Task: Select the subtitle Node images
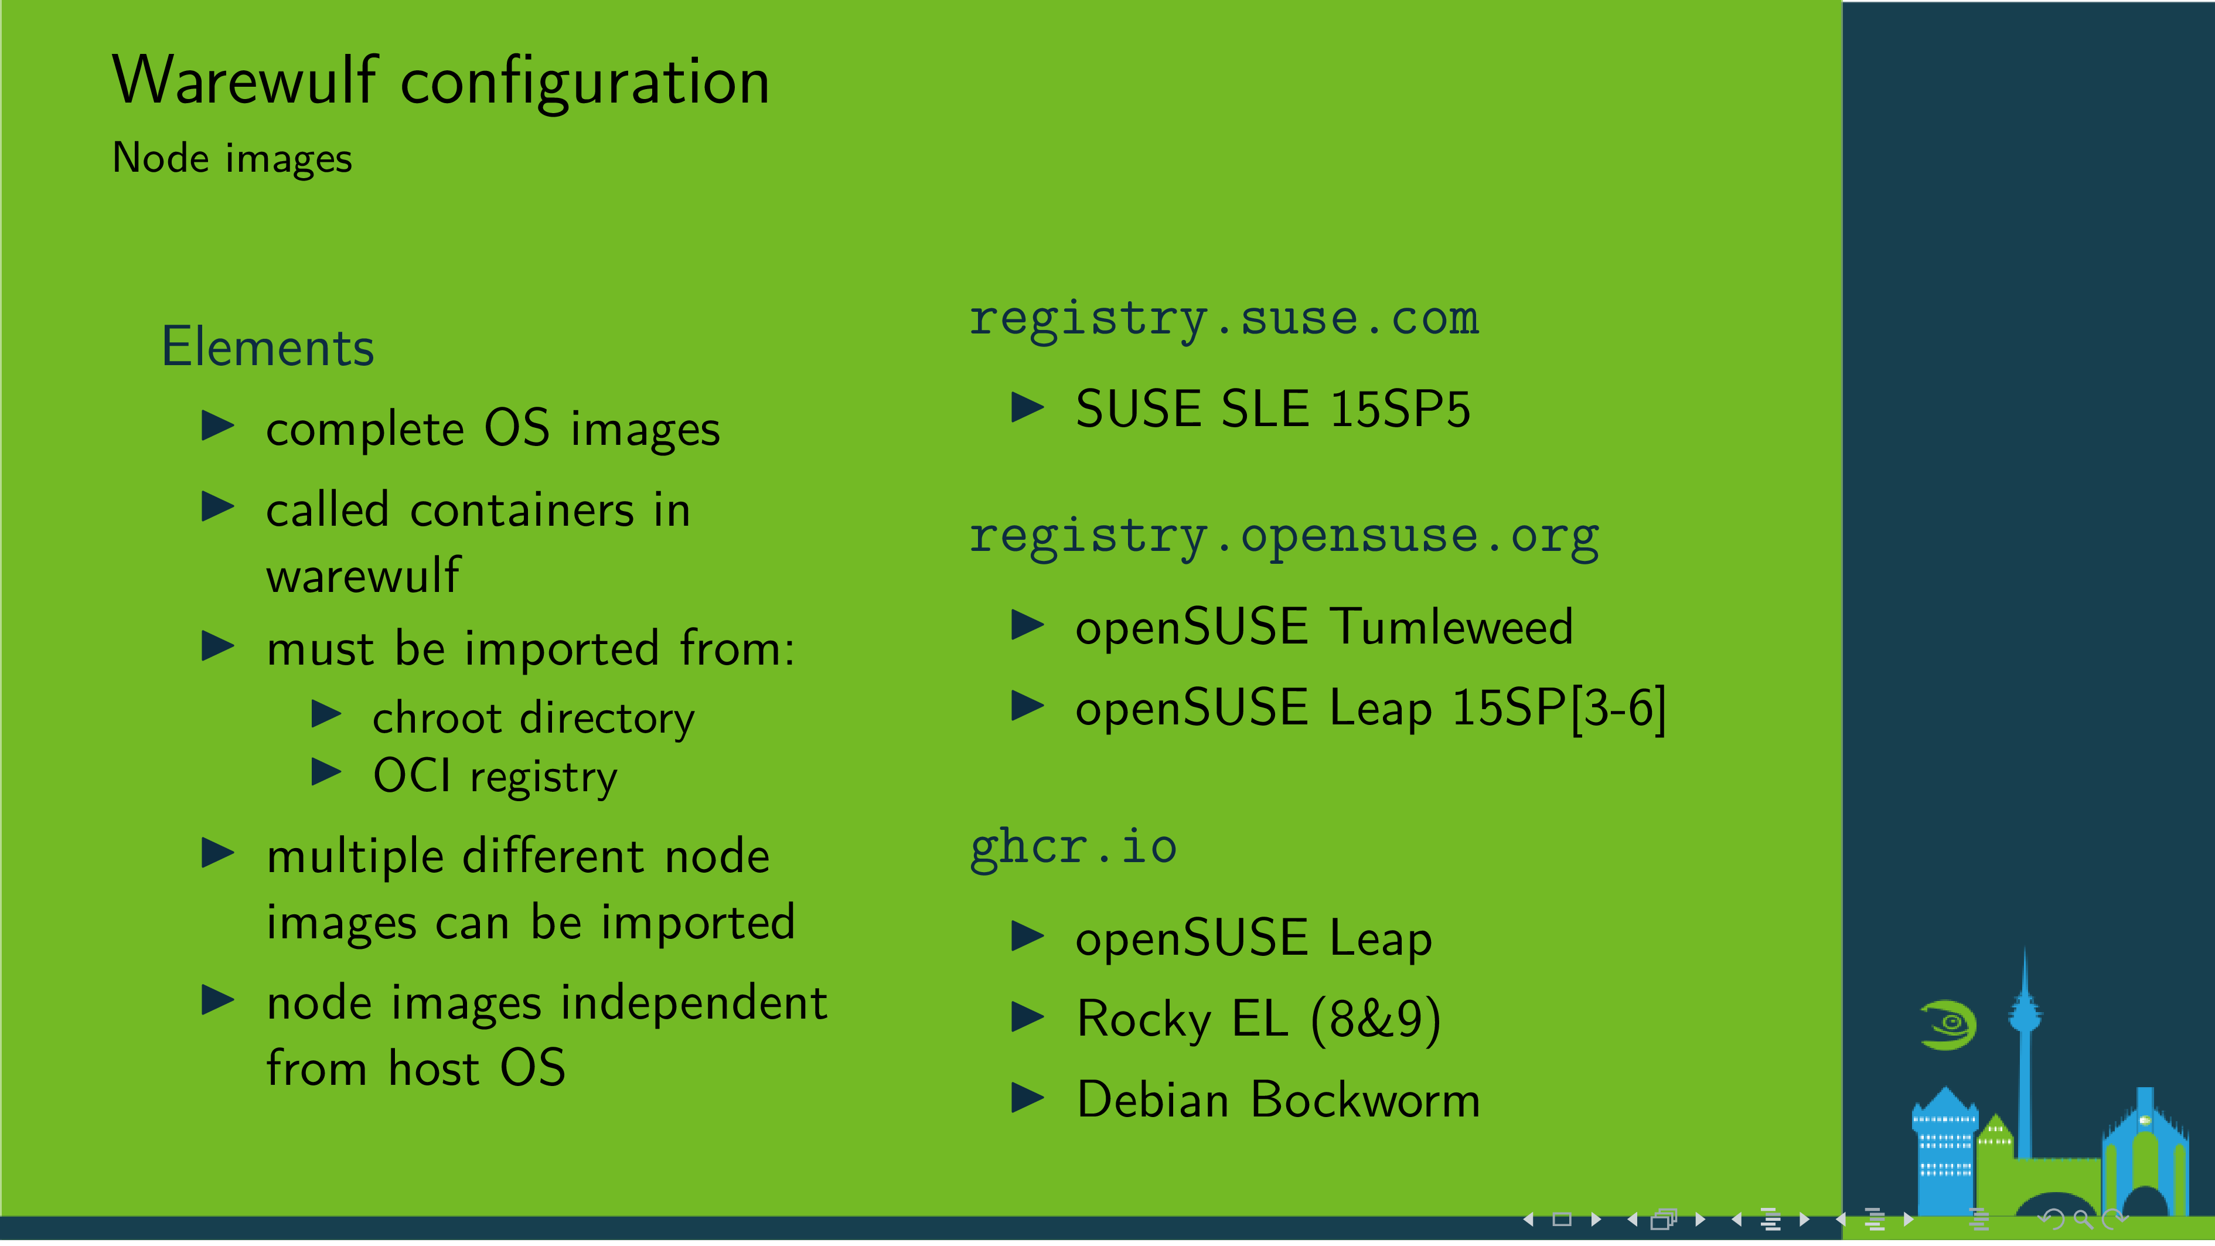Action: pos(231,159)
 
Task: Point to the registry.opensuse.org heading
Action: pos(1284,537)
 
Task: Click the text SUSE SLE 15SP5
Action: pos(1273,409)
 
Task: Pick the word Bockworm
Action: pos(1365,1101)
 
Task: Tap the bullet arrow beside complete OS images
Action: pos(217,425)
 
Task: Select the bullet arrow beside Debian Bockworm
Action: pos(1028,1098)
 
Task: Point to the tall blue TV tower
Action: pos(2024,1049)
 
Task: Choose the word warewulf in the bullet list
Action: pos(363,576)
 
